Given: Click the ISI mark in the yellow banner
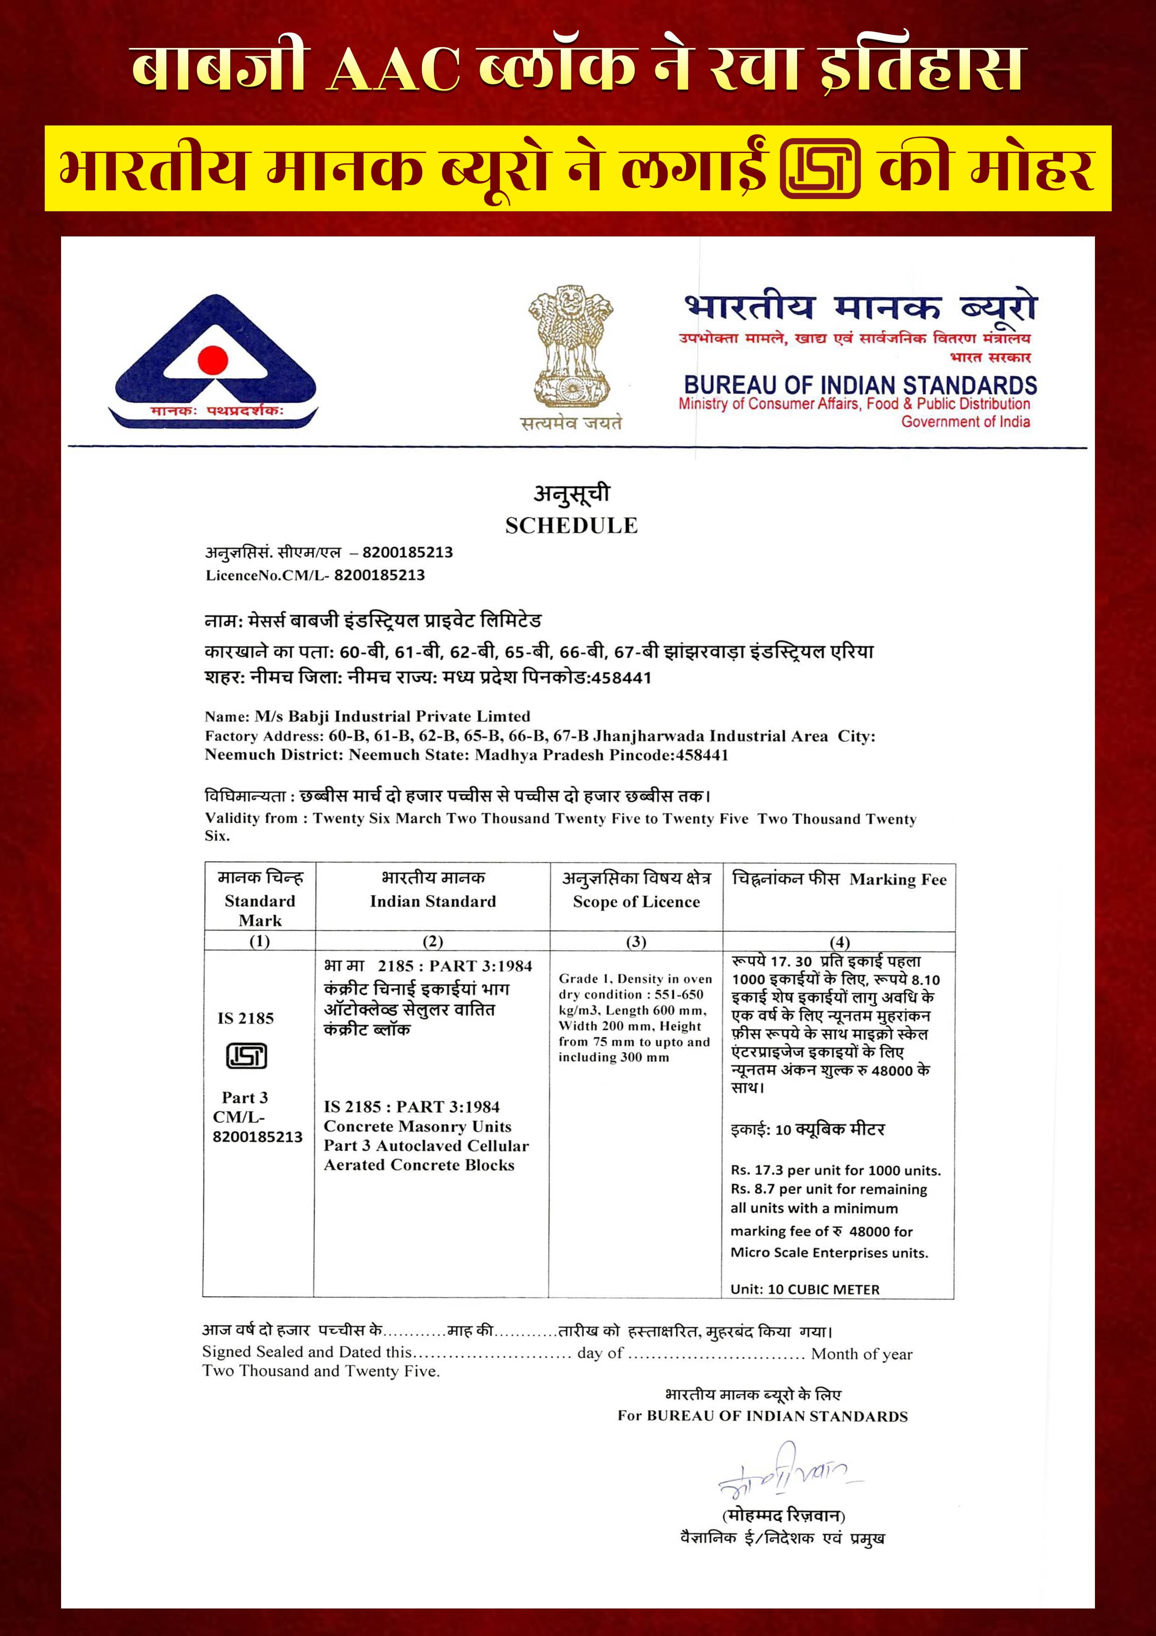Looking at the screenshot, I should (x=820, y=169).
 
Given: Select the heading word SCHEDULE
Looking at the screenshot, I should (x=571, y=526).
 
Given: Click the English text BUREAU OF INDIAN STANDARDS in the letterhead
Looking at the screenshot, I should (x=860, y=386).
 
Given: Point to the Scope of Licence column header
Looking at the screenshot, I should (x=636, y=901).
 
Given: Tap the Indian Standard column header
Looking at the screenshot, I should (x=433, y=901).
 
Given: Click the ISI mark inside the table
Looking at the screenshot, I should (x=247, y=1055).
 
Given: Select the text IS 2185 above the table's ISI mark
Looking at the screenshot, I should (x=246, y=1018).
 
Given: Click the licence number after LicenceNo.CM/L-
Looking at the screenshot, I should (x=379, y=575).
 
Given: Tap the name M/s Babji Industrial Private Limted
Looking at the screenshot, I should (x=392, y=716).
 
